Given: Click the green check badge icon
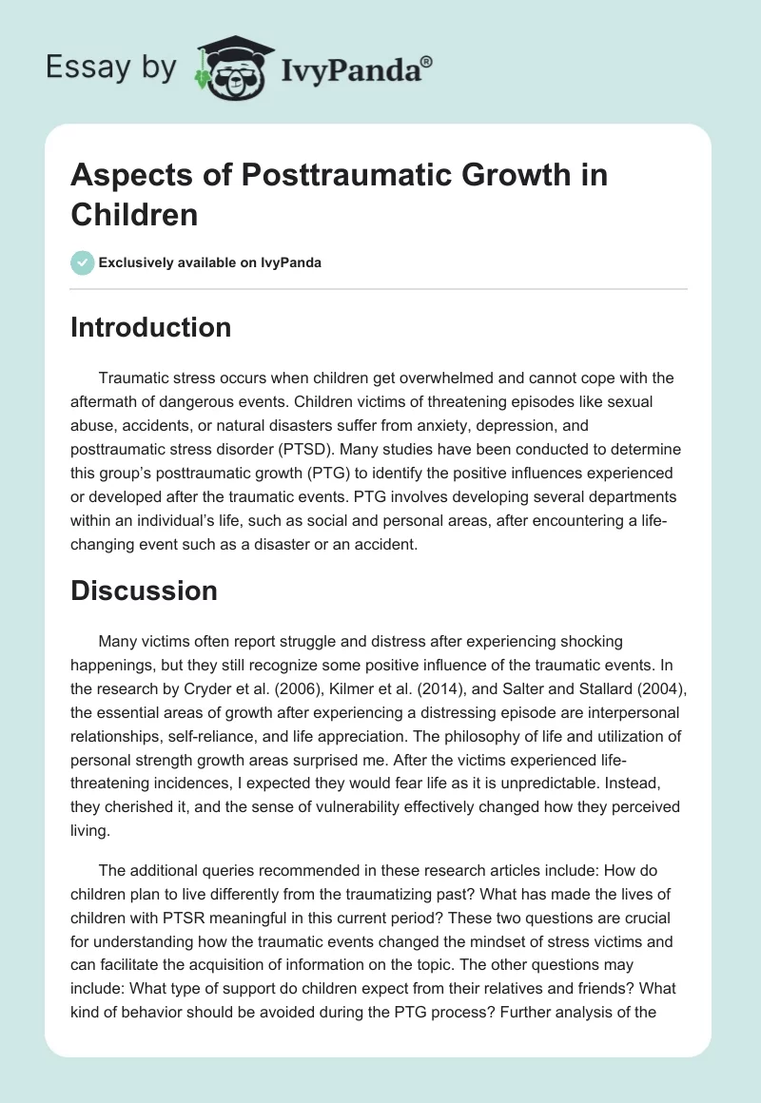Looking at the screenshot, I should click(x=82, y=262).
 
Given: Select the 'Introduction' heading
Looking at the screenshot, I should click(x=151, y=327).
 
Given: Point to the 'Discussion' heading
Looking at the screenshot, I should click(x=145, y=590).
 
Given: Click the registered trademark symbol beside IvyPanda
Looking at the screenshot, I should click(x=427, y=61).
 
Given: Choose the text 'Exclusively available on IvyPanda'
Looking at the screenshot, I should click(x=211, y=262).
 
